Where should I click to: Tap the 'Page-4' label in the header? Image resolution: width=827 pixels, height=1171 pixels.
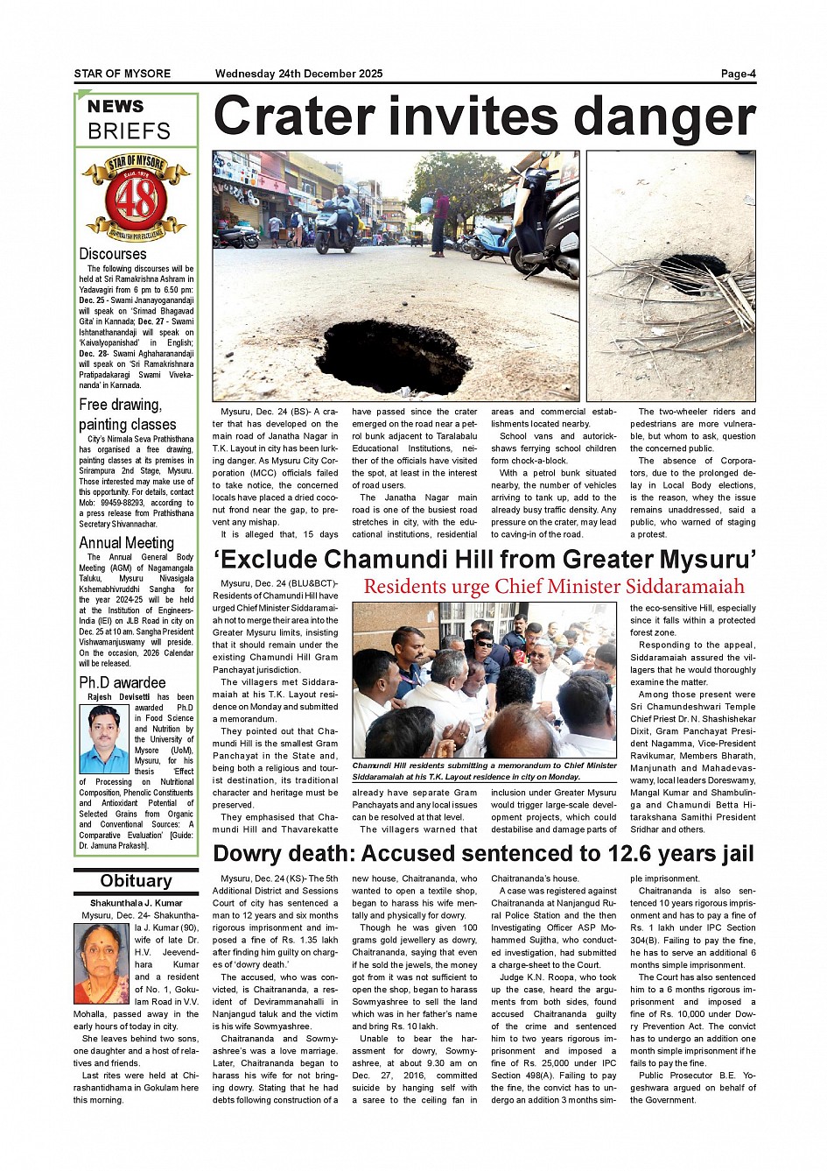tap(738, 74)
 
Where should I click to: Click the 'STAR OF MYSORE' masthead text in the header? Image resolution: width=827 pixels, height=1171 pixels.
tap(123, 74)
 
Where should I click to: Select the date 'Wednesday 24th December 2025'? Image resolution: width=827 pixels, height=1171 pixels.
tap(298, 74)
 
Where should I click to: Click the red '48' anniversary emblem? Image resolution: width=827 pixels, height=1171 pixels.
tap(136, 197)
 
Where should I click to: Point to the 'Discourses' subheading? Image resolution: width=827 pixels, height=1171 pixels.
tap(113, 254)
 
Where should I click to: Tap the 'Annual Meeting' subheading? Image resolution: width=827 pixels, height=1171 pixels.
tap(126, 543)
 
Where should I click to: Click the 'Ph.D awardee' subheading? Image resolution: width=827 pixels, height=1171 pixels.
tap(122, 682)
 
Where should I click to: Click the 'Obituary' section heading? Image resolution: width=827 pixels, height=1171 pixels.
tap(136, 881)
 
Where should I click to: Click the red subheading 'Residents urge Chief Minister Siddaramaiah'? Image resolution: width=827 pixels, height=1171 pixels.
tap(554, 587)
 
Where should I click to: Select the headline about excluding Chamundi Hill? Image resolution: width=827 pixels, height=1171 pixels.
tap(484, 559)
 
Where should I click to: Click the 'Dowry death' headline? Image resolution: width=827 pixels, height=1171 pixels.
tap(483, 853)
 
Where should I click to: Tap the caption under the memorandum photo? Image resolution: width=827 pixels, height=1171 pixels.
tap(484, 771)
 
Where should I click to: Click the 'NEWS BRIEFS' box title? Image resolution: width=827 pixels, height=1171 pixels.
tap(129, 120)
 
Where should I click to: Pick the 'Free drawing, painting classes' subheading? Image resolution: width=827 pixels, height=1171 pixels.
tap(127, 414)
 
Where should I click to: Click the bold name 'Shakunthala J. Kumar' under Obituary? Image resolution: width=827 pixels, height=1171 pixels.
tap(136, 903)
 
